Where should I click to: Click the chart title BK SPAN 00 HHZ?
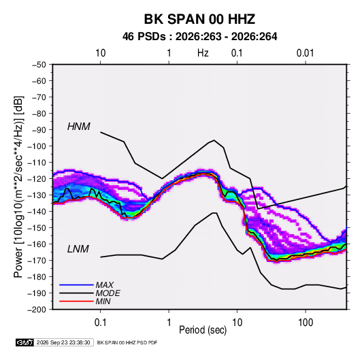click(199, 19)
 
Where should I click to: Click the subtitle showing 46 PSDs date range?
click(199, 37)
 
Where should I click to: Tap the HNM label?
click(79, 127)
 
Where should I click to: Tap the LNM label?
click(78, 249)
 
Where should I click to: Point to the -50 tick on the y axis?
click(39, 65)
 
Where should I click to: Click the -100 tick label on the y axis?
click(37, 146)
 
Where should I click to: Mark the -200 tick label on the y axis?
click(37, 310)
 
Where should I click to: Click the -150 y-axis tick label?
click(37, 227)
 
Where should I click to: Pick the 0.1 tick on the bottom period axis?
click(100, 323)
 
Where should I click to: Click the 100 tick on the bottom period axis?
click(305, 323)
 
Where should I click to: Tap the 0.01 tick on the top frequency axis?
click(305, 53)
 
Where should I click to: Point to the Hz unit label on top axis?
click(203, 53)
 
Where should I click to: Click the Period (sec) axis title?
click(203, 330)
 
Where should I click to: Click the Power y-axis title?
click(18, 187)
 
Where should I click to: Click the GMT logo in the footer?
click(24, 342)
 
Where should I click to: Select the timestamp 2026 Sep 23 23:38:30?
click(63, 342)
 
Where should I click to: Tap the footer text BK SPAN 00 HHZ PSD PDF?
click(127, 342)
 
